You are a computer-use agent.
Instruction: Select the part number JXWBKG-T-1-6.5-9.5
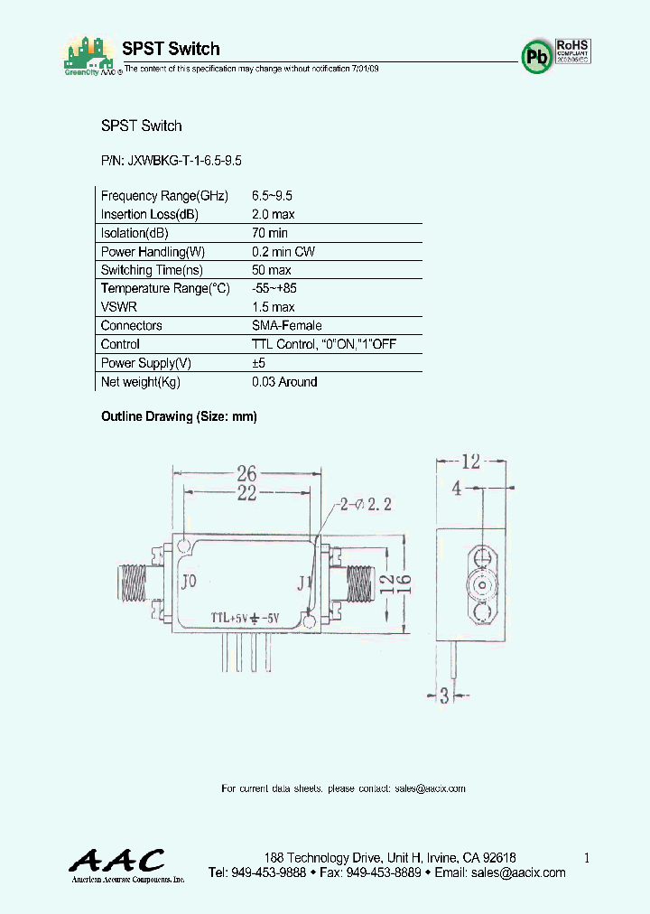[171, 160]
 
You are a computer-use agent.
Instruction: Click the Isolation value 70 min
[270, 233]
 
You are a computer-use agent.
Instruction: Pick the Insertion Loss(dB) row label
[149, 215]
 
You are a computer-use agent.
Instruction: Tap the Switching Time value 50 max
[271, 270]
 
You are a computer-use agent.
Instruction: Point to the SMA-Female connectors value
[286, 325]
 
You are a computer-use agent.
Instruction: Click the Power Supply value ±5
[260, 363]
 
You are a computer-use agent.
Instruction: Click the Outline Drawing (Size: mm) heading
[179, 416]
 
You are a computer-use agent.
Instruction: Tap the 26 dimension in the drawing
[246, 472]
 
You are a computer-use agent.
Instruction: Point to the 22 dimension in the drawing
[246, 492]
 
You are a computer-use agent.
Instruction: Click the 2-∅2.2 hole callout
[367, 505]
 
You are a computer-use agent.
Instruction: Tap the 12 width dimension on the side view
[469, 462]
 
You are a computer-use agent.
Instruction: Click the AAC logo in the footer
[118, 860]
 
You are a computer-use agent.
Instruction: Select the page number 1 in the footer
[587, 858]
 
